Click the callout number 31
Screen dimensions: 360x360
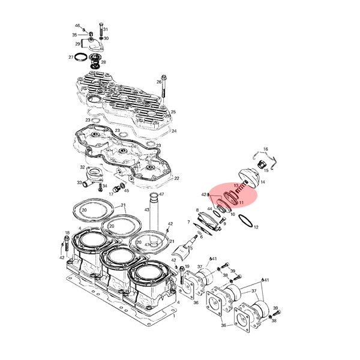coord(106,29)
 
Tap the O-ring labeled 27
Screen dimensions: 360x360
coord(81,57)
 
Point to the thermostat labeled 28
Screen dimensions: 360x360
coord(94,61)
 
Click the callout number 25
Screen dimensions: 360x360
coord(173,112)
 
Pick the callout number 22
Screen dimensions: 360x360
coord(176,178)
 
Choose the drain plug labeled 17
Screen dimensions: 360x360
coord(116,190)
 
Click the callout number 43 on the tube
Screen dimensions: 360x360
coord(147,209)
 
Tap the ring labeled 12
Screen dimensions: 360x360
coord(245,221)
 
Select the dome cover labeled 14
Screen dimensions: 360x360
coord(250,178)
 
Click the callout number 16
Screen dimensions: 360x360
coord(265,149)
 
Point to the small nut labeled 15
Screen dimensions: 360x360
coord(261,164)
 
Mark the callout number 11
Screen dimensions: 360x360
coord(241,203)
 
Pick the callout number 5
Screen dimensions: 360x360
coord(191,248)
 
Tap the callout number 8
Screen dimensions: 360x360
coord(197,210)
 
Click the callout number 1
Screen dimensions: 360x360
coord(174,316)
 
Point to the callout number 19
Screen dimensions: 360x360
coord(187,266)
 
